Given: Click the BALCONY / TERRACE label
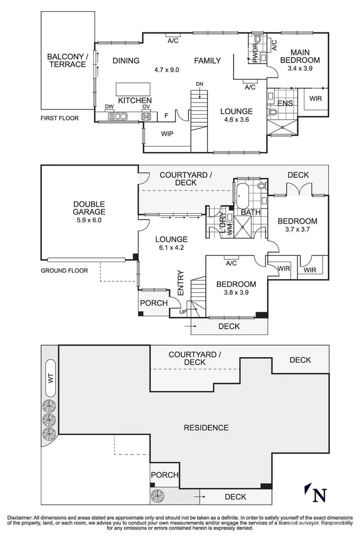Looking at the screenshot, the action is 67,60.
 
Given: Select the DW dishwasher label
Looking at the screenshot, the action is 109,107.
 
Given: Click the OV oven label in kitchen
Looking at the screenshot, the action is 146,107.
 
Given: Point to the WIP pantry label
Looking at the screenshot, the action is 168,134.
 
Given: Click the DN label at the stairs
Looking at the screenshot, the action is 200,84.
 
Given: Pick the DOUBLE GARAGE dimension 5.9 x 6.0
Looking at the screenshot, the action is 88,220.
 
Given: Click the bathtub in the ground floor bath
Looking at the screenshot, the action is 241,194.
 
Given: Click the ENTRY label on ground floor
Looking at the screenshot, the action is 181,282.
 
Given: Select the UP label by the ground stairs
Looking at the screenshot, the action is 183,312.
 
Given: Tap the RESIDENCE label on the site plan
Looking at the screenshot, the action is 206,428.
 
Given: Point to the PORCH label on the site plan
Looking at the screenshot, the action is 164,475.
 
